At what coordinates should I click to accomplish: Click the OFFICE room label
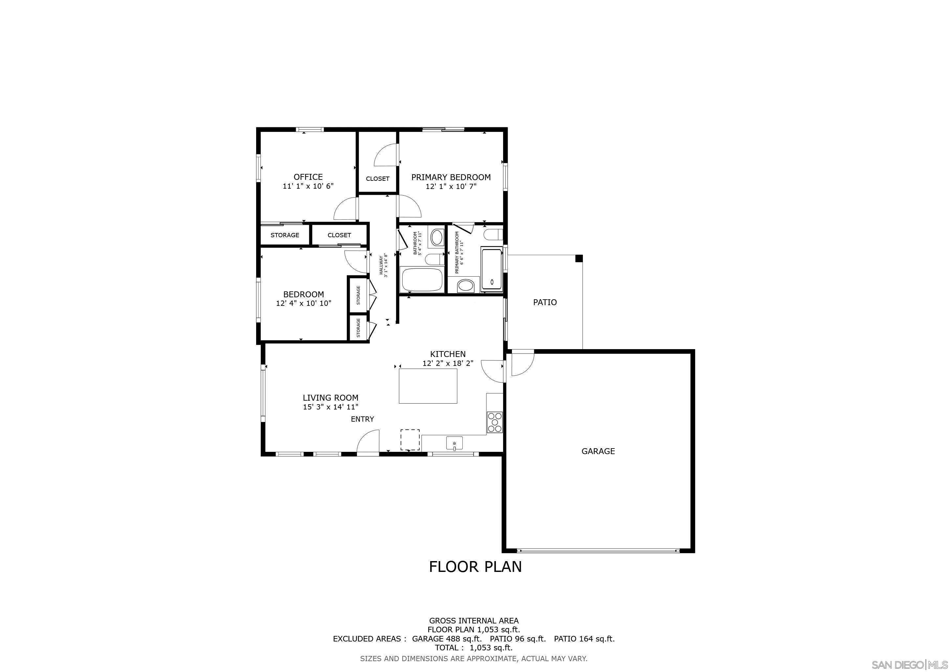(x=308, y=177)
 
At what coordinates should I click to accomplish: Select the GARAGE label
(x=598, y=451)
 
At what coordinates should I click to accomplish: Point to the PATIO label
(x=545, y=303)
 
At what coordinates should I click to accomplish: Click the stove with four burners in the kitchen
(x=495, y=422)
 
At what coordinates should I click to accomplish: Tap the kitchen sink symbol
(x=454, y=443)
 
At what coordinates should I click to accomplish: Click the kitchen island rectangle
(x=428, y=386)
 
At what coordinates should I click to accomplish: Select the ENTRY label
(x=363, y=419)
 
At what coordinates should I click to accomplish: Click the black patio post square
(x=579, y=259)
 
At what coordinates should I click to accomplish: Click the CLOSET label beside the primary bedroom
(x=377, y=179)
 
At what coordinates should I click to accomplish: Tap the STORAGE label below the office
(x=285, y=235)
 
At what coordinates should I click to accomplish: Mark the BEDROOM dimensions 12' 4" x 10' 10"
(x=304, y=303)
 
